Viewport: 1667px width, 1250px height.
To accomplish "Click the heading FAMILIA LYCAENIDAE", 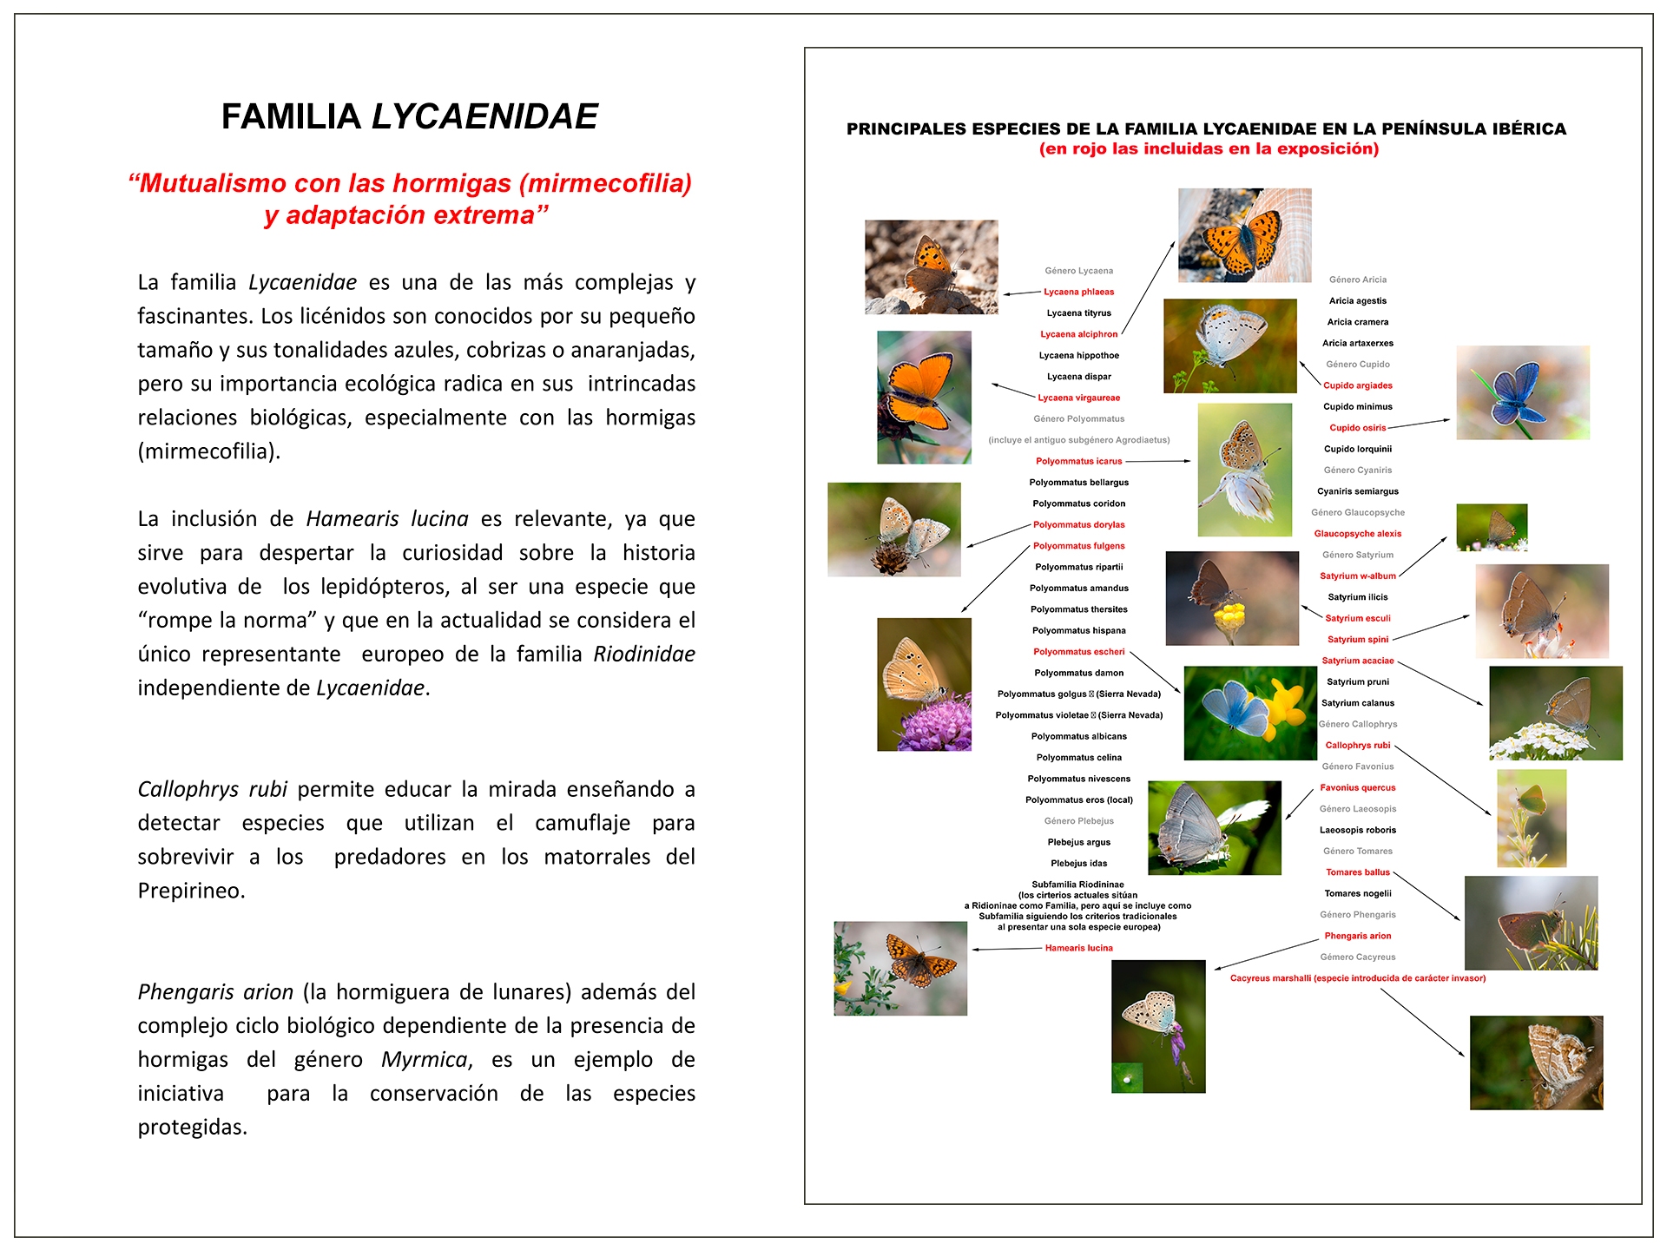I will pyautogui.click(x=409, y=116).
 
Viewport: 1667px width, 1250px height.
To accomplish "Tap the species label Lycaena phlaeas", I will pyautogui.click(x=1078, y=292).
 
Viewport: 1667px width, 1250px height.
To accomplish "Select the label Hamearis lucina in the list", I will pyautogui.click(x=1078, y=948).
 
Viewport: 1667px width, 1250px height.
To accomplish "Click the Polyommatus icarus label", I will pyautogui.click(x=1078, y=461).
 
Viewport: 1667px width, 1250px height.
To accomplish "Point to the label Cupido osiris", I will pyautogui.click(x=1357, y=427).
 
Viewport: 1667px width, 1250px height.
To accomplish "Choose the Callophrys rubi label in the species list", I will pyautogui.click(x=1357, y=745).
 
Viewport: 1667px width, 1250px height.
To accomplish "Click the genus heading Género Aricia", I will pyautogui.click(x=1357, y=280).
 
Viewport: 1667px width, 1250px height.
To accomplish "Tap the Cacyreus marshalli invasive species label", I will pyautogui.click(x=1357, y=978).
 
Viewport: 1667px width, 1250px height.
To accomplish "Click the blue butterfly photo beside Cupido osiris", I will pyautogui.click(x=1522, y=392).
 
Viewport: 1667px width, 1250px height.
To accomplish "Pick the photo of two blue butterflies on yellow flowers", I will pyautogui.click(x=1249, y=713).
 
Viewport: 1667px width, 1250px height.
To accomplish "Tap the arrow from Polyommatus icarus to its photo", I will pyautogui.click(x=1158, y=461).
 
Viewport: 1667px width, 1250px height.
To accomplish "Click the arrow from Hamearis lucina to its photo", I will pyautogui.click(x=1007, y=949).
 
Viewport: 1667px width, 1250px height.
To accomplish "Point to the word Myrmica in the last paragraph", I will pyautogui.click(x=425, y=1059).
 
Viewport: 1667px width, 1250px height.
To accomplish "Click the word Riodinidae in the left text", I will pyautogui.click(x=643, y=654).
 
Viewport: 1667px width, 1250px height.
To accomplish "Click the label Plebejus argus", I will pyautogui.click(x=1078, y=842).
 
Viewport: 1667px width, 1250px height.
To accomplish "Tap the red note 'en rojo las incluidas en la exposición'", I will pyautogui.click(x=1209, y=148).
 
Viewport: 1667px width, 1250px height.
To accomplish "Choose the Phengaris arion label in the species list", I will pyautogui.click(x=1357, y=936).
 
